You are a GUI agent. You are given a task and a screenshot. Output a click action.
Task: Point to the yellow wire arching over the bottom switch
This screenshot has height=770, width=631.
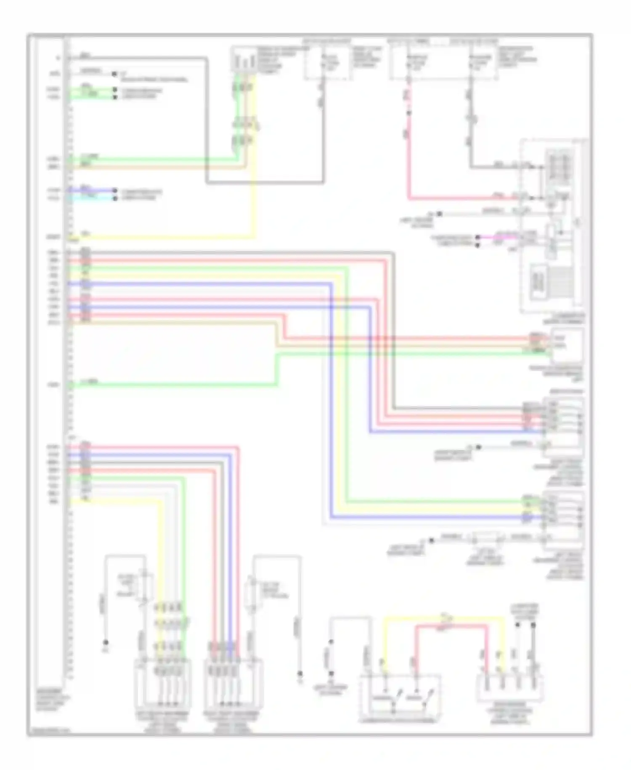point(442,618)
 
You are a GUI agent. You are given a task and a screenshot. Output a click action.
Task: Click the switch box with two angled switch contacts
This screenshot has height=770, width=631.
point(400,698)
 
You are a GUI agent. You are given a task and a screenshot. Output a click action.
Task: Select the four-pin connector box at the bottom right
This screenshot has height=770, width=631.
point(509,687)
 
